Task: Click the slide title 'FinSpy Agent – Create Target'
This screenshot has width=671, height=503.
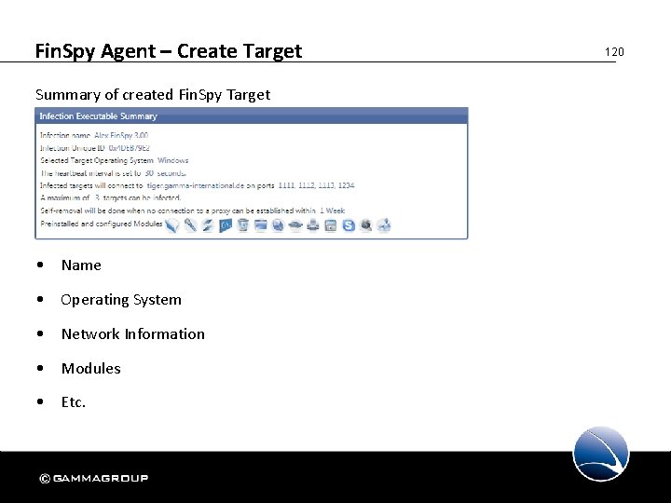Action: (168, 51)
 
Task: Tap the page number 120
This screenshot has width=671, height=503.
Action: (613, 52)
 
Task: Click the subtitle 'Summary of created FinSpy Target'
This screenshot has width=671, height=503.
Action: (152, 94)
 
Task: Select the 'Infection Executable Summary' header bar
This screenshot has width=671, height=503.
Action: (252, 116)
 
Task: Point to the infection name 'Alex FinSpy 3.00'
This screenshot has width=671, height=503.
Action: (121, 136)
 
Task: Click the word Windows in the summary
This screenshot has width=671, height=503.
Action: (173, 160)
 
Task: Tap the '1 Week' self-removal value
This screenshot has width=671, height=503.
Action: (332, 211)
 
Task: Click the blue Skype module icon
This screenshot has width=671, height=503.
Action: (349, 224)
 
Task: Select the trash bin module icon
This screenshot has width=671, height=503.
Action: (242, 224)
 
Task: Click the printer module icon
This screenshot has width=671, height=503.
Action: (313, 224)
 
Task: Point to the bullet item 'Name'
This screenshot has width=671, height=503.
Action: (81, 265)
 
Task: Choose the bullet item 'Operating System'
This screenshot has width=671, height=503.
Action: (121, 300)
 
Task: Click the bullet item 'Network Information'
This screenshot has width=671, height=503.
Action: (132, 334)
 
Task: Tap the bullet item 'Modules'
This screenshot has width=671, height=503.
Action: (90, 369)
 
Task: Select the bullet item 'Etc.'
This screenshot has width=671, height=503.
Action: (74, 402)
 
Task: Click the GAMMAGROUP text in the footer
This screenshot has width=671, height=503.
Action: (101, 479)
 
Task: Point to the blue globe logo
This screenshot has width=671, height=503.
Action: (601, 454)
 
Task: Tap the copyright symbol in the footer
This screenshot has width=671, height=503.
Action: (44, 479)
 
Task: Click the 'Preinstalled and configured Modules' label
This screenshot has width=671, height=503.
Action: (101, 224)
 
